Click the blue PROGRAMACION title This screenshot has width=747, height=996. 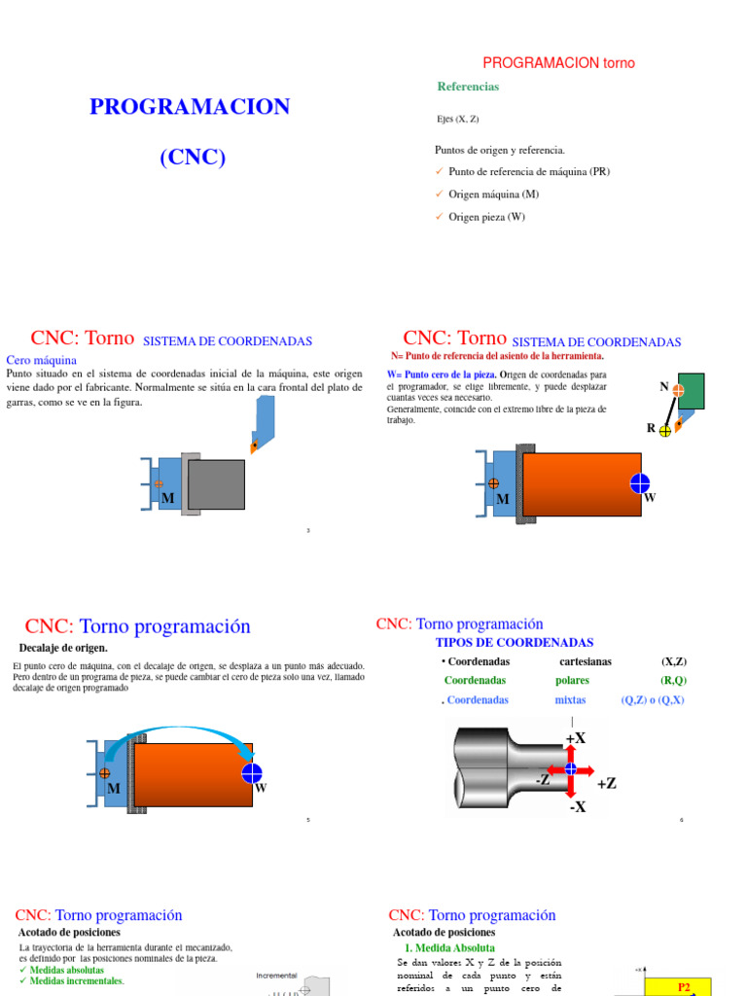pos(190,107)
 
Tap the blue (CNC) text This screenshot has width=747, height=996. pos(193,157)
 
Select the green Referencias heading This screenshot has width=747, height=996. pos(468,87)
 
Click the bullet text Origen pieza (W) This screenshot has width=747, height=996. pos(486,217)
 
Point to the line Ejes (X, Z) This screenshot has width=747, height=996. pos(458,119)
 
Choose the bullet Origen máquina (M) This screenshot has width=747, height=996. pos(493,194)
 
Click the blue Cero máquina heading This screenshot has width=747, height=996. pos(41,359)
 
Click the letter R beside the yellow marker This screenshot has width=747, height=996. pos(652,428)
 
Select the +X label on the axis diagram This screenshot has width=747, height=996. pos(576,738)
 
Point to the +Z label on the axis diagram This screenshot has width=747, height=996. pos(606,783)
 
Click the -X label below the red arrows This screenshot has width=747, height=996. pos(577,806)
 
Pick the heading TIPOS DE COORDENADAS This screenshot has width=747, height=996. pos(515,643)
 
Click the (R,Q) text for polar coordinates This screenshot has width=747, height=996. pos(673,680)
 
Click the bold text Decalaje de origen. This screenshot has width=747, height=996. pos(63,648)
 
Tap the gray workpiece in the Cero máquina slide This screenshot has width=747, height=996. pos(216,483)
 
